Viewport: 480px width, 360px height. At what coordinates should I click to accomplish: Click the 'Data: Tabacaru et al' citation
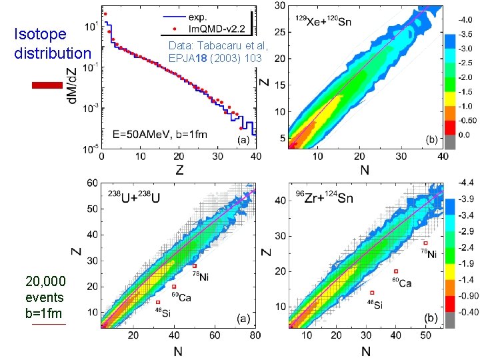click(x=218, y=47)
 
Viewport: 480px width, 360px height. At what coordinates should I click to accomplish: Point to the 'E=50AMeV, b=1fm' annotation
click(x=159, y=134)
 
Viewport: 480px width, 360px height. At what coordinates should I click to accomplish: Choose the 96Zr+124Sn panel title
click(x=325, y=197)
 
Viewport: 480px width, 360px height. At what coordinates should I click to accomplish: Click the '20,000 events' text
click(x=45, y=289)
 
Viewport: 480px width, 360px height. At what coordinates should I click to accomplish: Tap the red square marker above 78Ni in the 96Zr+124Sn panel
click(x=425, y=243)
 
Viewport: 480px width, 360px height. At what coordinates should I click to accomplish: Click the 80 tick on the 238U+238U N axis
click(x=254, y=335)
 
